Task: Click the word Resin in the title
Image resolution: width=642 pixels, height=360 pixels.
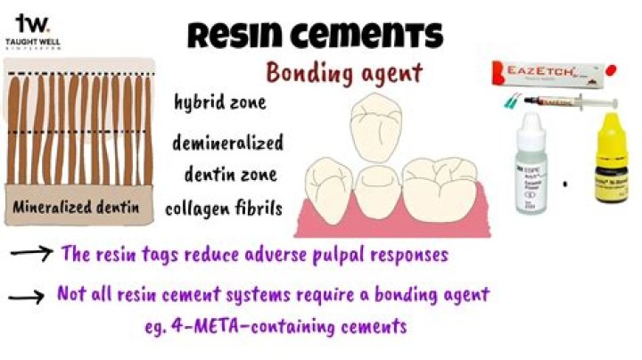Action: (233, 35)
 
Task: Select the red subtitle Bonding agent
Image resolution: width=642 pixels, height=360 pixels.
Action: (343, 73)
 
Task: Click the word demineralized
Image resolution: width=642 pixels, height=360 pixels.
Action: (228, 143)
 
